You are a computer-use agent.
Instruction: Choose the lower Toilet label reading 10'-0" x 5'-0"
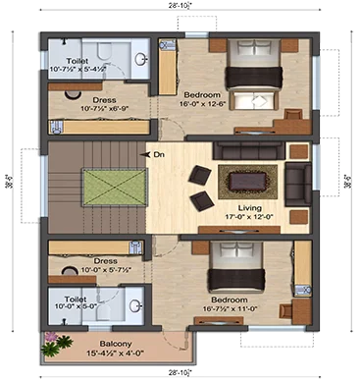(75, 297)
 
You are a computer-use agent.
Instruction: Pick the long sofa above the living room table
(251, 151)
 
